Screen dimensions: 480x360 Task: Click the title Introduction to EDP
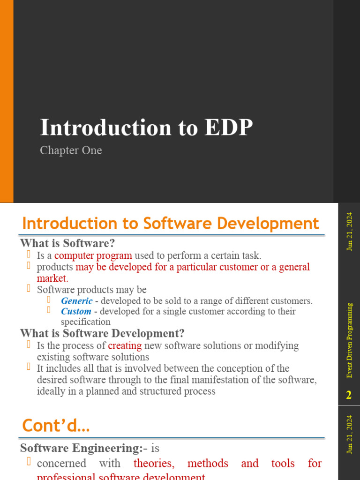146,128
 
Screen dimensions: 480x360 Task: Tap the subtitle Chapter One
71,150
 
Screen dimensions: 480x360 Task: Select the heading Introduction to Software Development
171,223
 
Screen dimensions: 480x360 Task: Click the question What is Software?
67,243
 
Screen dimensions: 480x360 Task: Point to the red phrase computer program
93,255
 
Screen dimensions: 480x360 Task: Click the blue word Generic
76,301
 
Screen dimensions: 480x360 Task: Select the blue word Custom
76,311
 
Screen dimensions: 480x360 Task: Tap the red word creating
125,346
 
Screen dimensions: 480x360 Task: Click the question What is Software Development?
102,334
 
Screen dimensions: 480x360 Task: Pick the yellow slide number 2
348,396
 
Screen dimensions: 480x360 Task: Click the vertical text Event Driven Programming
350,340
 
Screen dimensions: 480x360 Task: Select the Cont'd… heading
56,426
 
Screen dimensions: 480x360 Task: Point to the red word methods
208,464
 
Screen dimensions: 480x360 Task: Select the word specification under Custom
86,322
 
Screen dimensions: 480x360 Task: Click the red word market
52,278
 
